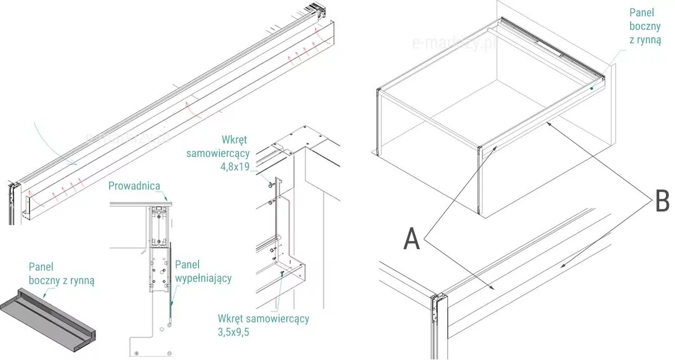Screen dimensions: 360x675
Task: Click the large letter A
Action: pyautogui.click(x=412, y=240)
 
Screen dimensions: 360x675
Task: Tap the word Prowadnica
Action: pyautogui.click(x=135, y=186)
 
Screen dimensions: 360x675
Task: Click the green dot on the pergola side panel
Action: pyautogui.click(x=592, y=88)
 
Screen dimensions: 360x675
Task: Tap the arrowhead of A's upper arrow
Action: pyautogui.click(x=495, y=147)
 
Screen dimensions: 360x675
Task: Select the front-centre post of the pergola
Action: pyautogui.click(x=479, y=179)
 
